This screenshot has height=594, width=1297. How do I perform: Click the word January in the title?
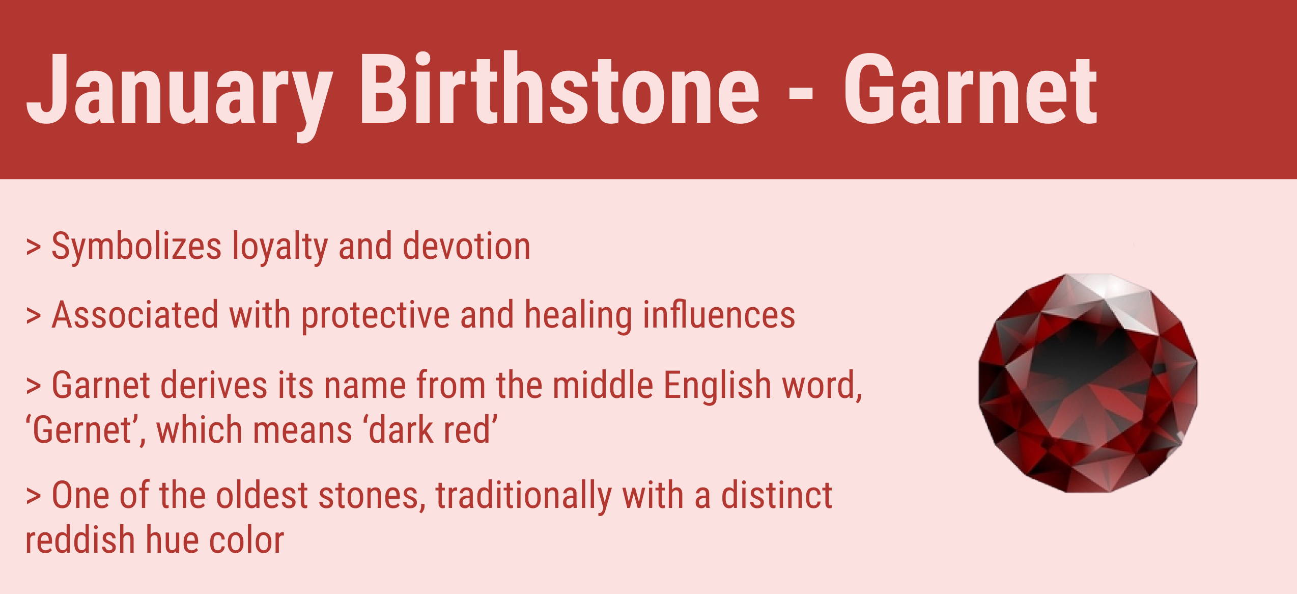coord(179,94)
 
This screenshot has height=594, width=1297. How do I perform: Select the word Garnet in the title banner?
coord(970,90)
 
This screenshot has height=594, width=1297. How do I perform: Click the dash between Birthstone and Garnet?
coord(800,94)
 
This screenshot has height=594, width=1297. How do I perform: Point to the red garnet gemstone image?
coord(1088,383)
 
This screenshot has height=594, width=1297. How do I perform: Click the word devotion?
coord(467,246)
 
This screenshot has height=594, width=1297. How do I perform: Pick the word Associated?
coord(135,315)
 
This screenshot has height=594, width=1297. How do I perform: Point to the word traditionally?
coord(524,496)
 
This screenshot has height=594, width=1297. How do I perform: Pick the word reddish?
coord(80,540)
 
